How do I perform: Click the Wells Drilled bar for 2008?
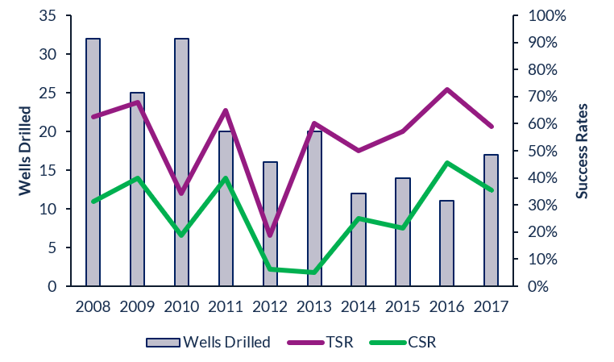(x=93, y=161)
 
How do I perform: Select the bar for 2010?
(x=181, y=161)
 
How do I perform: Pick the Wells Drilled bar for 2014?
(x=359, y=239)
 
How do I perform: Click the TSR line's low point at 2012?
(x=270, y=235)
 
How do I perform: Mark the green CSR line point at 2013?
(x=314, y=273)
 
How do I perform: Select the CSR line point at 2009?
(x=137, y=178)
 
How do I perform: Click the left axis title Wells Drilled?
(x=24, y=150)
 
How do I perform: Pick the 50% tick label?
(x=542, y=151)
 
